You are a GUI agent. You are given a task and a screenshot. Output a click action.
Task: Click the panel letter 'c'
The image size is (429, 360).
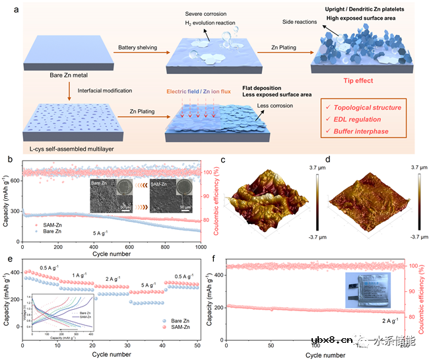click(224, 161)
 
